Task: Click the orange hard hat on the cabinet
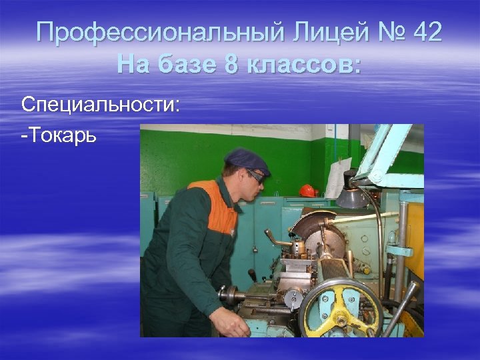pos(308,190)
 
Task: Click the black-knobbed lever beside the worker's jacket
pos(252,275)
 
